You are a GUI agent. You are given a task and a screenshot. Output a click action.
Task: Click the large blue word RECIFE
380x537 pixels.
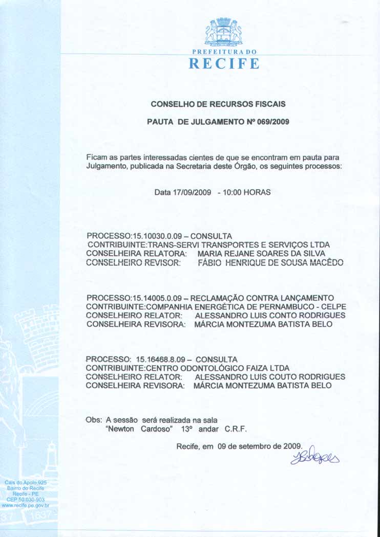tap(224, 64)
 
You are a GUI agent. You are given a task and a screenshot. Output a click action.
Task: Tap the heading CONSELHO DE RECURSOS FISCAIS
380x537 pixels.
tap(218, 104)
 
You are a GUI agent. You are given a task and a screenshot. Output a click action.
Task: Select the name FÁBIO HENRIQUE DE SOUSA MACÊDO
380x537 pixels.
tap(270, 262)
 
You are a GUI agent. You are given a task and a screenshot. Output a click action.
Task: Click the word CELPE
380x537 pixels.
tap(334, 306)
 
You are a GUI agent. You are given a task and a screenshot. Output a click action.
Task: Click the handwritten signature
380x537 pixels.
tap(315, 456)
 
